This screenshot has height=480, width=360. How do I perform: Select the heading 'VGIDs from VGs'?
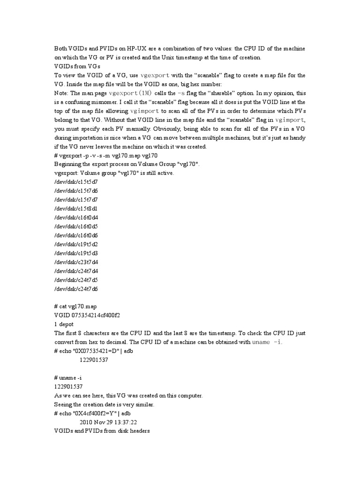pos(77,66)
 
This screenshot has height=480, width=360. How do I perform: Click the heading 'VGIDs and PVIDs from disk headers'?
pos(102,431)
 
